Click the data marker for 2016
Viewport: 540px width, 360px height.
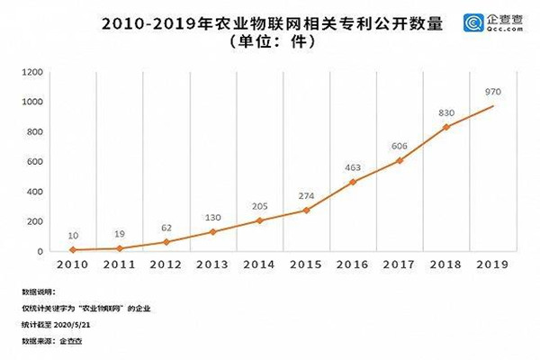pos(352,182)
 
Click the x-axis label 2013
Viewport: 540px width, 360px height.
pos(211,265)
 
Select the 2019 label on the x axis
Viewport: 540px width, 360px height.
pos(493,265)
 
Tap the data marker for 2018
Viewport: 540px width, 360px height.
pos(446,127)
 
